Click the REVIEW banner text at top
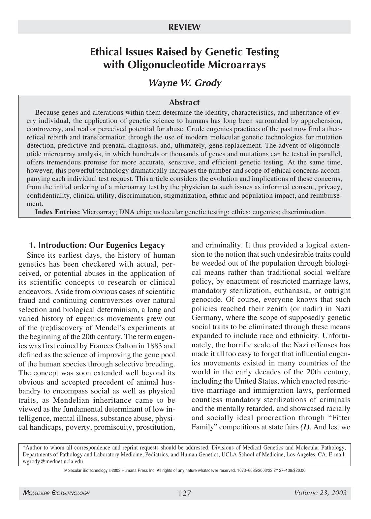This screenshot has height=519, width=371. pos(184,27)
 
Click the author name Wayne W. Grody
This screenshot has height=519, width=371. pos(185,83)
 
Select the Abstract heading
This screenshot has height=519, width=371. pos(184,102)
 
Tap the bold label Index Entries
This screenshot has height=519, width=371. pos(58,212)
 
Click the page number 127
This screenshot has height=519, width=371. pos(184,493)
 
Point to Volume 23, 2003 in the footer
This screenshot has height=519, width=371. pos(320,493)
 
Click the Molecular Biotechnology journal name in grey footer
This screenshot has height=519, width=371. pos(56,493)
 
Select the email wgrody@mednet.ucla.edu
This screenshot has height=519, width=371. pos(53,462)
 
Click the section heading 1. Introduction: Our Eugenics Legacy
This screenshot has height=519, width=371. pos(97,245)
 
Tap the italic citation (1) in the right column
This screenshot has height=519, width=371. pos(305,427)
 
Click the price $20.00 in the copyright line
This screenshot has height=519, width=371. pos(298,471)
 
